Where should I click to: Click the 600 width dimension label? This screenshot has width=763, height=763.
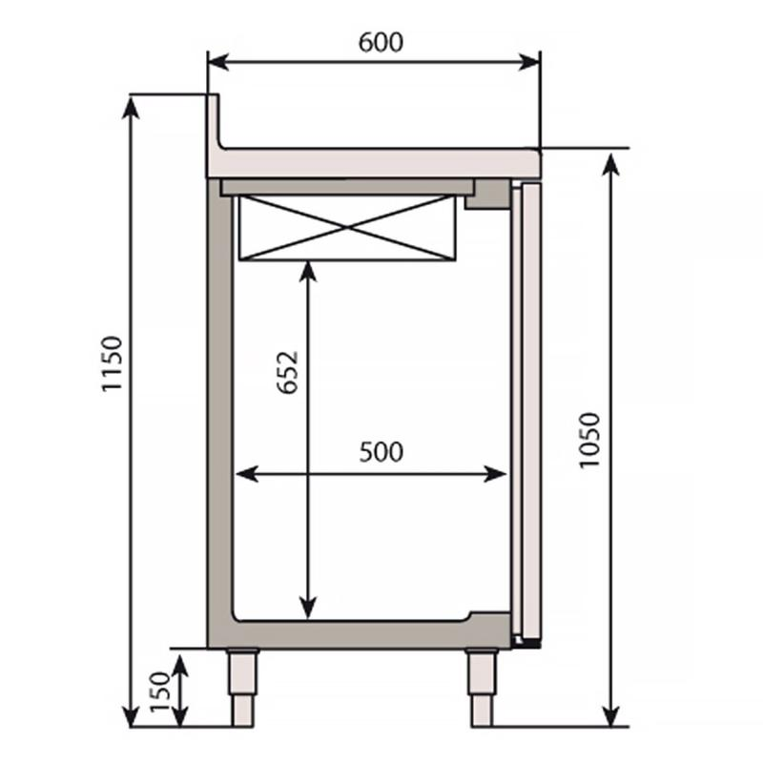(x=381, y=42)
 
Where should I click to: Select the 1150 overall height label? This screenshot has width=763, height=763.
(x=113, y=363)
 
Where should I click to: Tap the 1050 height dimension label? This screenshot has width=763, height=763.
(x=588, y=440)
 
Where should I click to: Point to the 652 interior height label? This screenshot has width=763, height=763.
(x=289, y=373)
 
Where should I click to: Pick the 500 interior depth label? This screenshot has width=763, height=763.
(x=381, y=451)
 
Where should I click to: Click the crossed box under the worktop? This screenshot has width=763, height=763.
(x=346, y=227)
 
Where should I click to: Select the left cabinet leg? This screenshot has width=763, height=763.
(x=243, y=687)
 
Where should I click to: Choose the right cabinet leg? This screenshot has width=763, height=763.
(x=482, y=687)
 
